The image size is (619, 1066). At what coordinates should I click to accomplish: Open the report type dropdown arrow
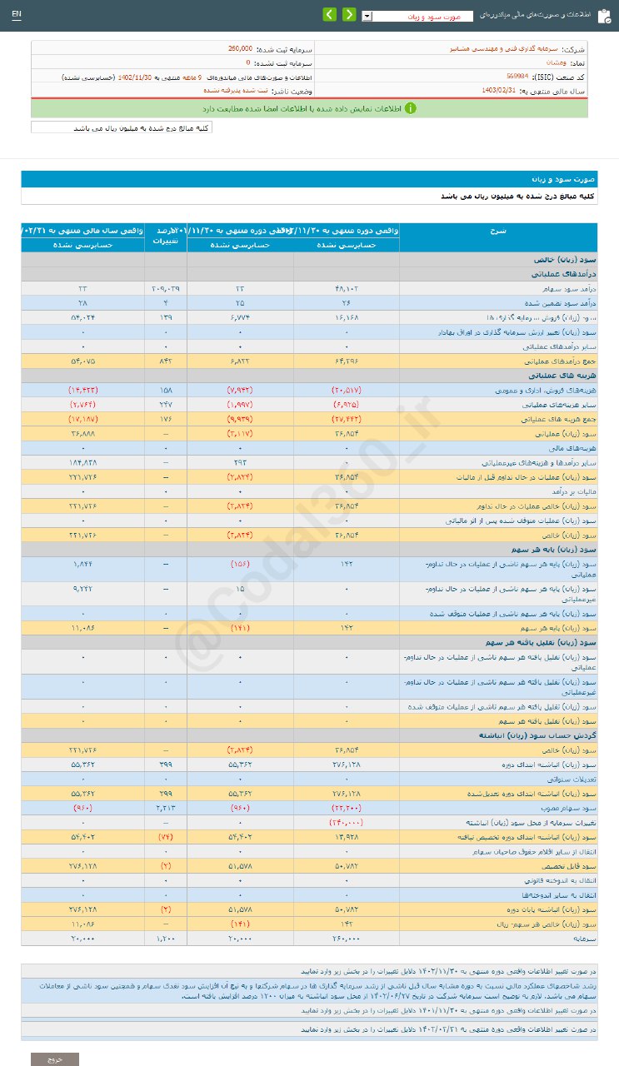(367, 16)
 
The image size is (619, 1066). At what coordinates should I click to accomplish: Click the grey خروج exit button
(55, 1059)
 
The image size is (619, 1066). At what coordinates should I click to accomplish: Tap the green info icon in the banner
(410, 108)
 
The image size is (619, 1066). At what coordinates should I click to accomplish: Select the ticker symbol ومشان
(557, 62)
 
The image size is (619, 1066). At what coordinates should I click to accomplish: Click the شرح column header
(512, 230)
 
